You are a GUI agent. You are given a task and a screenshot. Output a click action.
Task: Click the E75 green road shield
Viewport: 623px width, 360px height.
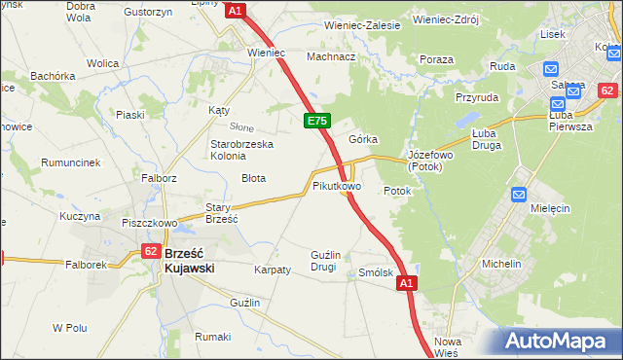(x=317, y=121)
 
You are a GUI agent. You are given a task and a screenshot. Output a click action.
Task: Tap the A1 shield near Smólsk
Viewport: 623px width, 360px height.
(x=407, y=283)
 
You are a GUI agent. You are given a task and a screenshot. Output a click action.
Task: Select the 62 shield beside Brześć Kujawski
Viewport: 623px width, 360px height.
(x=150, y=250)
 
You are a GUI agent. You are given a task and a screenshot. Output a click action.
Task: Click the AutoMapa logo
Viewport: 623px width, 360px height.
(x=558, y=342)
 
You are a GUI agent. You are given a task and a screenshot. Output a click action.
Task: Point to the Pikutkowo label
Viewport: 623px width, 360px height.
(x=337, y=185)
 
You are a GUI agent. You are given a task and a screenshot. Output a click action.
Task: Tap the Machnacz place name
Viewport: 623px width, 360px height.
(x=331, y=56)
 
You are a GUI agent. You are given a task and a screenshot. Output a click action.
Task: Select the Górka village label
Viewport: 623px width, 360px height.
(x=363, y=139)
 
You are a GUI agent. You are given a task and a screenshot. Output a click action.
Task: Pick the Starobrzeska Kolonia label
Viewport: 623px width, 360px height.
(x=242, y=151)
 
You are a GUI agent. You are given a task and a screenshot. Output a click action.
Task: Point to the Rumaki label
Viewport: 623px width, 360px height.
(x=212, y=337)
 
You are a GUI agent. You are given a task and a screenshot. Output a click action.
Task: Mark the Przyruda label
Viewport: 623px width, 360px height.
(x=476, y=97)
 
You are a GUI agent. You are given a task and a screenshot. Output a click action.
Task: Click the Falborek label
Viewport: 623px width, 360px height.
(x=85, y=264)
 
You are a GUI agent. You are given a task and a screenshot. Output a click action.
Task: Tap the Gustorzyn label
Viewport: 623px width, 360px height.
(x=148, y=11)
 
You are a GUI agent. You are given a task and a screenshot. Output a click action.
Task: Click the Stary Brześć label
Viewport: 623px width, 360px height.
(x=222, y=213)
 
